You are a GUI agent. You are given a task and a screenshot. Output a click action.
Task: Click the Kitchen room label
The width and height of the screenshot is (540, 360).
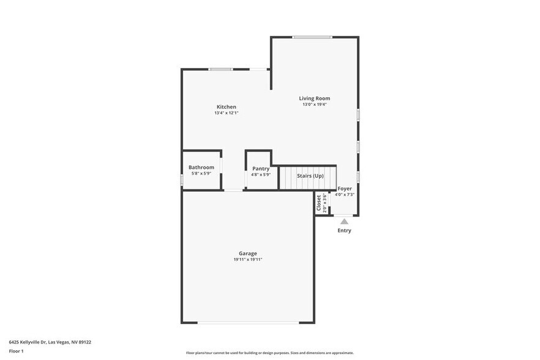pyautogui.click(x=226, y=107)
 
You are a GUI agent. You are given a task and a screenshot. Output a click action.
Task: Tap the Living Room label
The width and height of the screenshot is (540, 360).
pyautogui.click(x=314, y=98)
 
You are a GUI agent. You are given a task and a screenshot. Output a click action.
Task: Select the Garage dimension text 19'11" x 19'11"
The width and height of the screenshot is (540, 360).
pyautogui.click(x=247, y=260)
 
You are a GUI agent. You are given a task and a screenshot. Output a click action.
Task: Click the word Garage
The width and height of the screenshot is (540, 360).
pyautogui.click(x=247, y=253)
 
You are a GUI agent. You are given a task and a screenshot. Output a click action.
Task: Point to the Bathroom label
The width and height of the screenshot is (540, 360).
pyautogui.click(x=201, y=167)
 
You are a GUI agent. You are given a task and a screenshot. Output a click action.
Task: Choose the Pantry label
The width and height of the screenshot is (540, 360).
pyautogui.click(x=261, y=168)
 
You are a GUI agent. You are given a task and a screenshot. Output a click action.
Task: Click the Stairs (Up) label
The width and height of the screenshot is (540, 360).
pyautogui.click(x=310, y=176)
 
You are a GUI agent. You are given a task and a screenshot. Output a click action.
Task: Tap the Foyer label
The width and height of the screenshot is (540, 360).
pyautogui.click(x=345, y=189)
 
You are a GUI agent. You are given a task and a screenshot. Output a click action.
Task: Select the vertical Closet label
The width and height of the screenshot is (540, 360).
pyautogui.click(x=318, y=203)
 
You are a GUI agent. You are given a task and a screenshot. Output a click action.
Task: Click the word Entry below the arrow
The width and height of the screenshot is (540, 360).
pyautogui.click(x=344, y=231)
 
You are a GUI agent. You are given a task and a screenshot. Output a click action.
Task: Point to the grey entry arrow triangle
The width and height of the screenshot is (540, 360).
pyautogui.click(x=344, y=221)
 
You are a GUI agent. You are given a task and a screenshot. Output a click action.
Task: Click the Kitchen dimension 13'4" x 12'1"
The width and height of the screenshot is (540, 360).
pyautogui.click(x=226, y=113)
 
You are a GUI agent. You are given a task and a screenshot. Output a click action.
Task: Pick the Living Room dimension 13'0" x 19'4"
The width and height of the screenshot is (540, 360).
pyautogui.click(x=314, y=105)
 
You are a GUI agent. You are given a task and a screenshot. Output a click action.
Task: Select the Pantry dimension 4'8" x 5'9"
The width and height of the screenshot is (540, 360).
pyautogui.click(x=261, y=175)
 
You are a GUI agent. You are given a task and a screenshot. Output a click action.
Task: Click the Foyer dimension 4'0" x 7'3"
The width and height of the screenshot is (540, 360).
pyautogui.click(x=345, y=195)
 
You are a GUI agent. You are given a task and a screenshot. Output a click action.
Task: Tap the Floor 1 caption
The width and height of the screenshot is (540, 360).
pyautogui.click(x=16, y=351)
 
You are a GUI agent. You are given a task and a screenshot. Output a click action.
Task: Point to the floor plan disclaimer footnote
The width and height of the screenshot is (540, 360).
pyautogui.click(x=269, y=353)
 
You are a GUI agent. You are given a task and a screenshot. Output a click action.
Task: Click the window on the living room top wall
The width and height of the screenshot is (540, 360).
pyautogui.click(x=312, y=37)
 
